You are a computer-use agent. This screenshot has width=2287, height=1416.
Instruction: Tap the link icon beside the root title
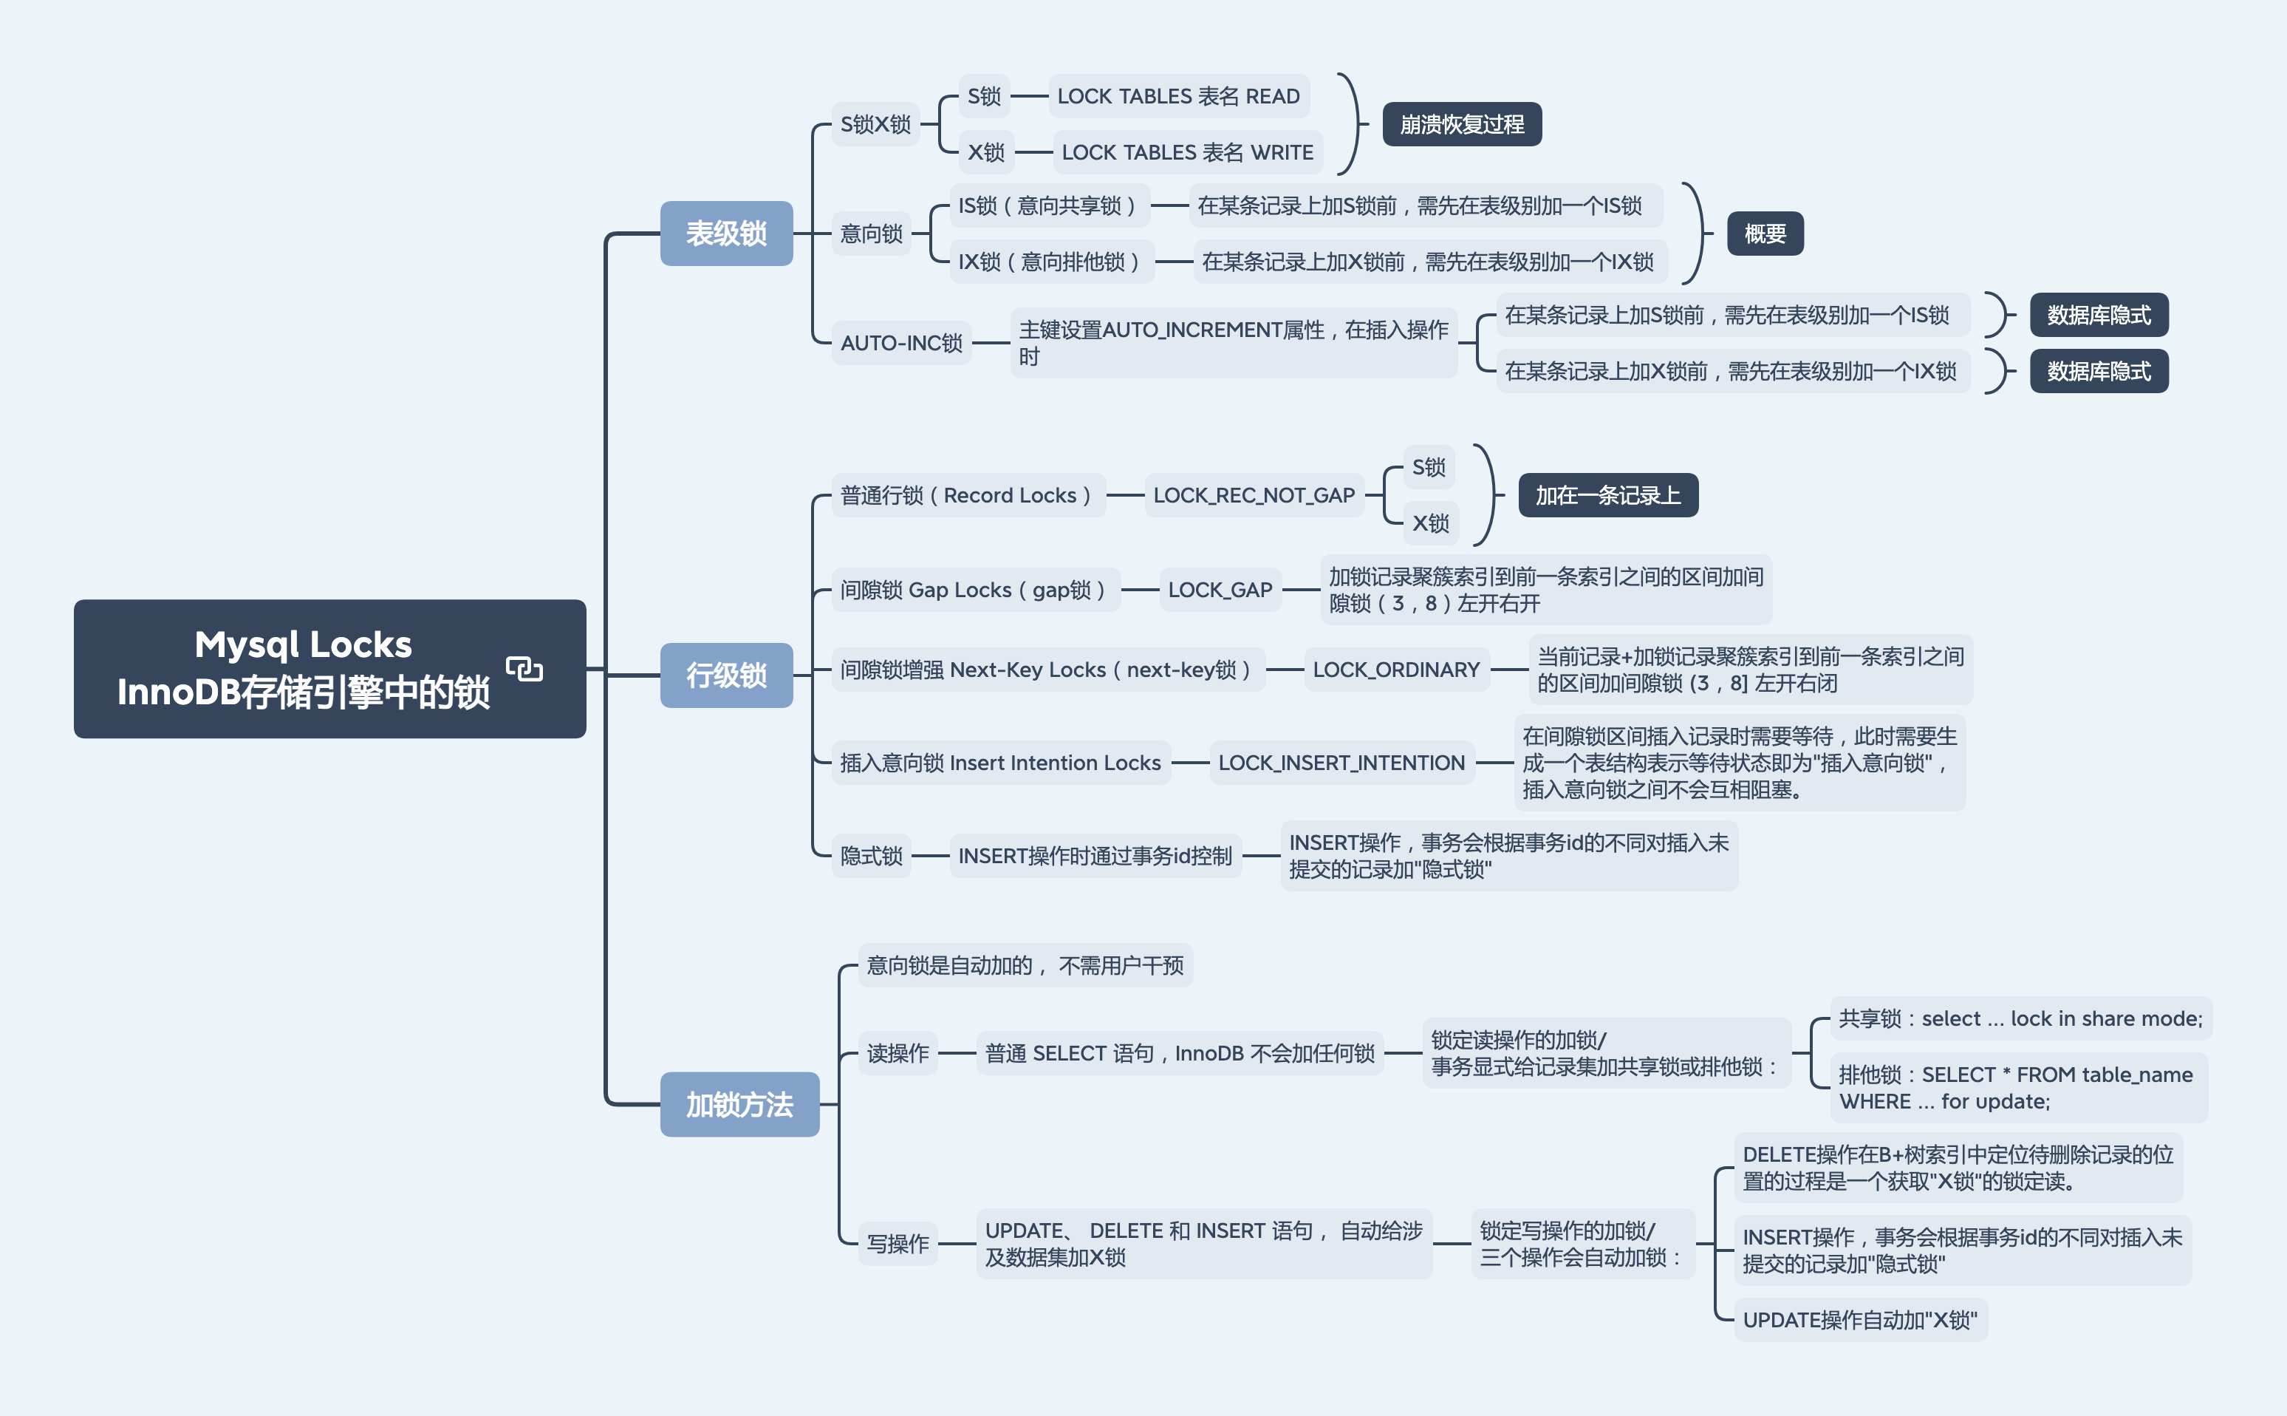[524, 668]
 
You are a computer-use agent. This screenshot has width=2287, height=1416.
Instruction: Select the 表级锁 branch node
[725, 234]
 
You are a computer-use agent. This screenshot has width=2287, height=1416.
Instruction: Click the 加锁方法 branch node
[739, 1104]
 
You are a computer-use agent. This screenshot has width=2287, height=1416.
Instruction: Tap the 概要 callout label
[1765, 234]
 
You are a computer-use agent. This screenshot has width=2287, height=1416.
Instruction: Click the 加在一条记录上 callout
[1607, 495]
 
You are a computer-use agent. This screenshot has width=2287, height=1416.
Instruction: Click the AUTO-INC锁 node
[900, 343]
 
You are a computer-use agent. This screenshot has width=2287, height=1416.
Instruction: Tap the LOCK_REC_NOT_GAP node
[1254, 495]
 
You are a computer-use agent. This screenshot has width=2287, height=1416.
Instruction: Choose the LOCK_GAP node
[1220, 590]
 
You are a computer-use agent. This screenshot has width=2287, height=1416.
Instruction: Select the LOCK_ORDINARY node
[1396, 670]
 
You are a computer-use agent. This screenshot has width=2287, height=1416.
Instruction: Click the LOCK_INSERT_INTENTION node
[1341, 763]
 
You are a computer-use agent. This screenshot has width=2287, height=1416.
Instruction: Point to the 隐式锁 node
[871, 856]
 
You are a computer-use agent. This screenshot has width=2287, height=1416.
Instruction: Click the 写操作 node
[897, 1244]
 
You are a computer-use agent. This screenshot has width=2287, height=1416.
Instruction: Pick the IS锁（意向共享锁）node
[1047, 206]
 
